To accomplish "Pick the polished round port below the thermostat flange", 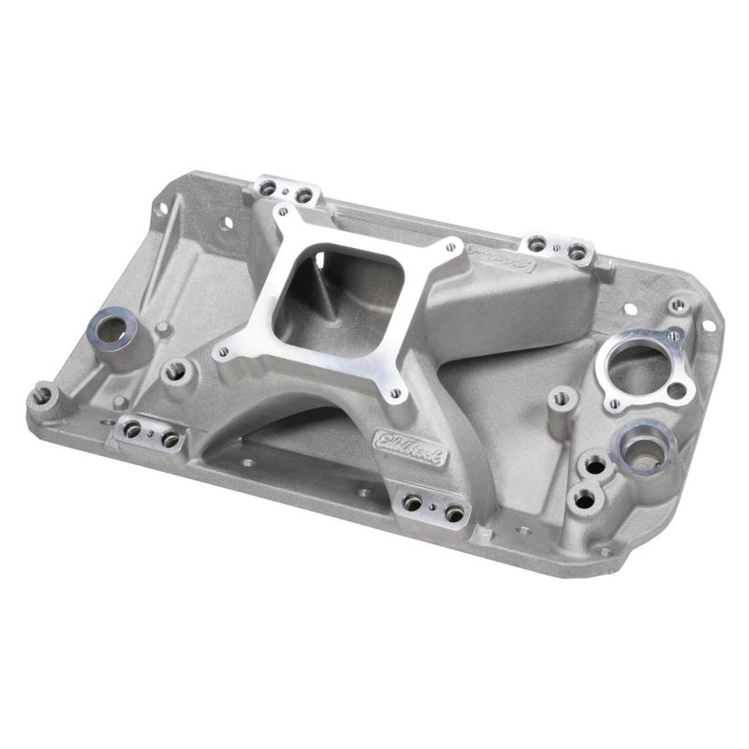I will pyautogui.click(x=644, y=448).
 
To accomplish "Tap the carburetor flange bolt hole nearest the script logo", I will pyautogui.click(x=451, y=248).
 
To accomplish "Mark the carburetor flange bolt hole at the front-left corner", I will pyautogui.click(x=223, y=353).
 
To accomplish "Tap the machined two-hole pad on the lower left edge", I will pyautogui.click(x=151, y=433).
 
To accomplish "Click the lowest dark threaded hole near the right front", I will pyautogui.click(x=585, y=500).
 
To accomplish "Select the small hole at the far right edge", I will pyautogui.click(x=709, y=325).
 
